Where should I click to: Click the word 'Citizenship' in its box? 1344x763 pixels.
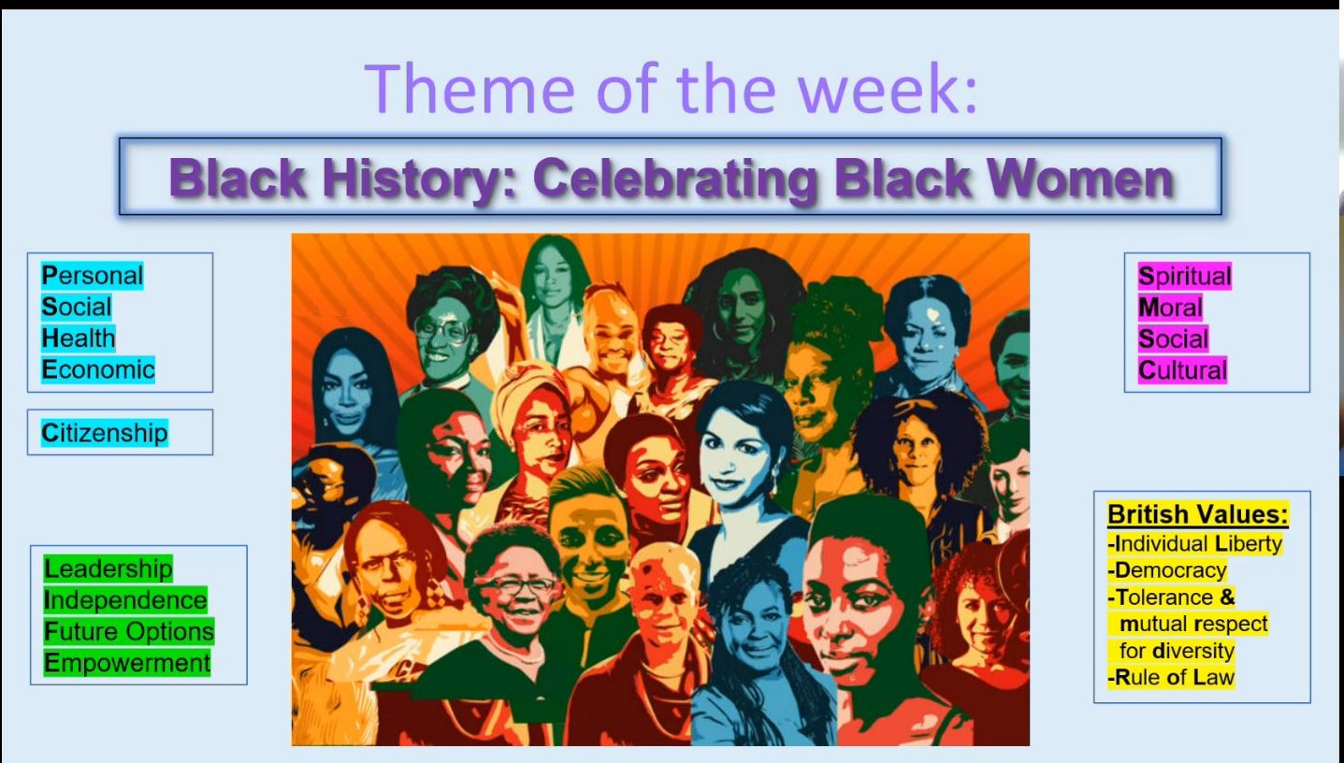(105, 433)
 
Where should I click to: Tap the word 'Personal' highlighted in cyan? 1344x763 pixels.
(92, 276)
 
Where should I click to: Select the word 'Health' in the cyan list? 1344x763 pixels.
(78, 338)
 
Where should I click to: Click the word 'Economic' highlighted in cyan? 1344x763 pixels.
(98, 370)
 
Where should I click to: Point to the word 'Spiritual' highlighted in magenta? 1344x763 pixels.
(1184, 277)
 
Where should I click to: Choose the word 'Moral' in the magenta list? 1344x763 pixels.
(1170, 308)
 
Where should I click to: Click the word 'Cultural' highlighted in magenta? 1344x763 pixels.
(1182, 370)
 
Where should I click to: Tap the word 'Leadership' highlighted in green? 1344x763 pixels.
(108, 569)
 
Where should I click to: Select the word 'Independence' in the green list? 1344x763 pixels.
(125, 600)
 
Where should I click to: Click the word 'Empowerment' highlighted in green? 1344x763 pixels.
(127, 664)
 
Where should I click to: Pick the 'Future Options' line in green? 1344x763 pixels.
(129, 632)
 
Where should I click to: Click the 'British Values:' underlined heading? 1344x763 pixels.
(1197, 514)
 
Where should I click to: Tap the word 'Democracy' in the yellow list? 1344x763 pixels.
(1167, 570)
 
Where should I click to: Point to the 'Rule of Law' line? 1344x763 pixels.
(1171, 678)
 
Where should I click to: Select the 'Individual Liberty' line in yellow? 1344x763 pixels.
(1194, 544)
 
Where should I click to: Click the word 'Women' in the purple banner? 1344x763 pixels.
(1080, 179)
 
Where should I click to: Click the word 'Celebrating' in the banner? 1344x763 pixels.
(675, 180)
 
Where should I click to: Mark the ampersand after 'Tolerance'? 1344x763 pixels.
(1228, 597)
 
